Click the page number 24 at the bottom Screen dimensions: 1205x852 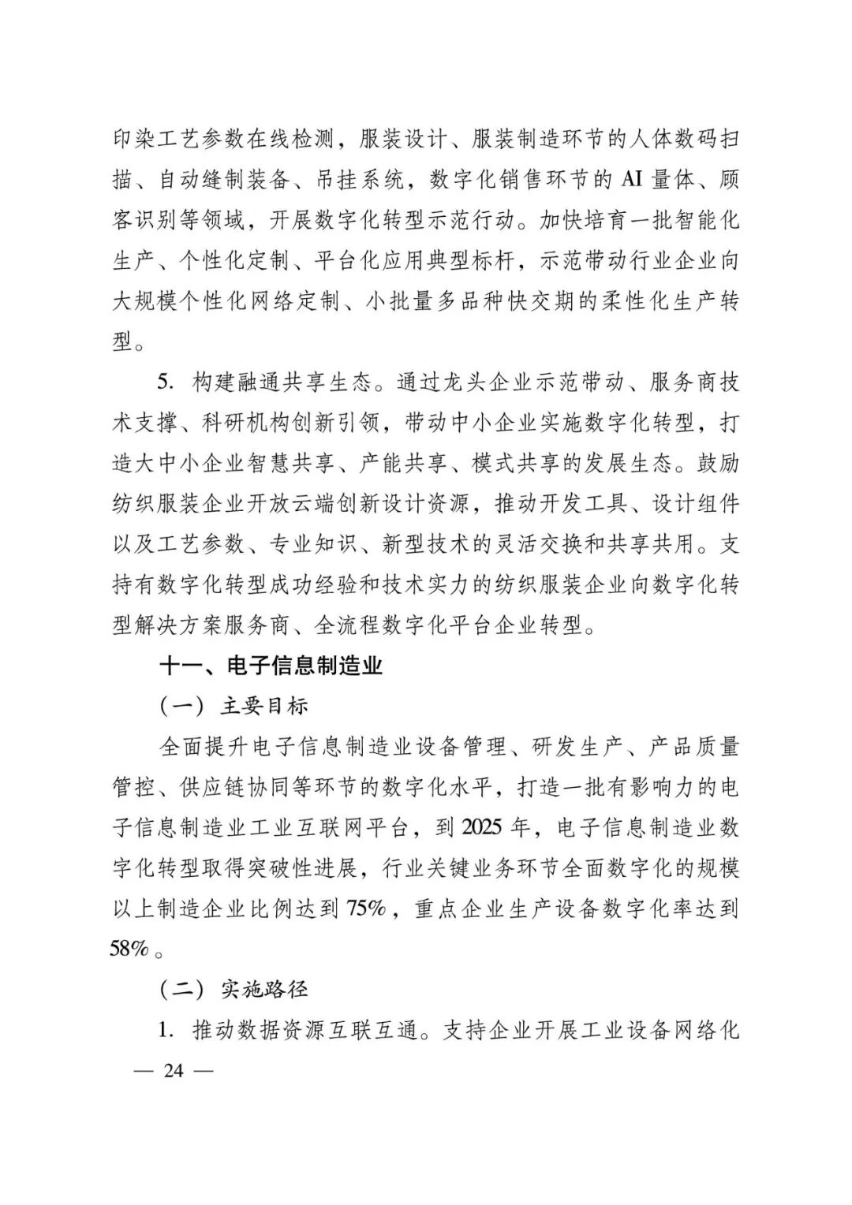(x=173, y=1071)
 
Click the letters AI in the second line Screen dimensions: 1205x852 (x=630, y=180)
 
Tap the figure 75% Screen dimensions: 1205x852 (x=365, y=908)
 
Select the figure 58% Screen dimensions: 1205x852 (x=129, y=949)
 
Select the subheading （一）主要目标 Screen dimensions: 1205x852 (x=234, y=706)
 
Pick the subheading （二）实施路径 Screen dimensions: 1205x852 (x=234, y=989)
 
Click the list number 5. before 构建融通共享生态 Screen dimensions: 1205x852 (x=165, y=382)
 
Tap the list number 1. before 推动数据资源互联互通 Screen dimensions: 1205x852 (x=165, y=1030)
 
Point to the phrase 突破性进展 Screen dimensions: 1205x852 (x=315, y=867)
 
